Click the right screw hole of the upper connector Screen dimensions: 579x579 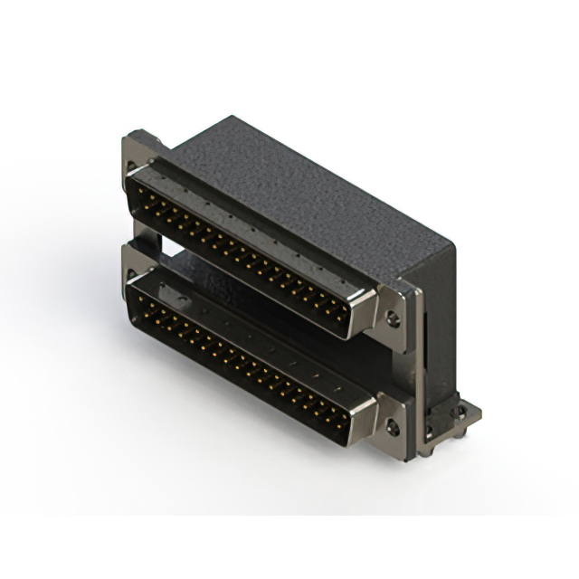tap(392, 318)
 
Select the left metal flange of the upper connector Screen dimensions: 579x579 tap(136, 158)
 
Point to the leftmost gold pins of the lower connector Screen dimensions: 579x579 tap(145, 299)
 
